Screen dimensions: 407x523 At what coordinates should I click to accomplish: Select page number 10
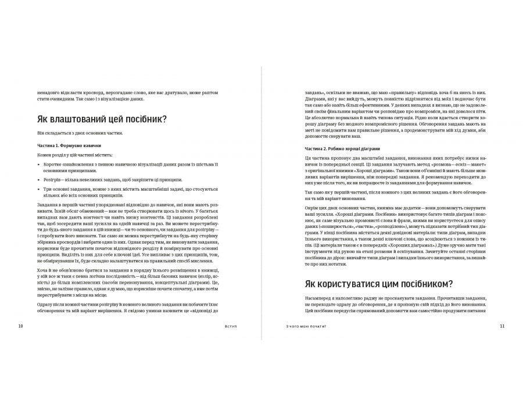pos(20,326)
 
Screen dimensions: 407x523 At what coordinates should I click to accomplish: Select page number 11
pos(502,326)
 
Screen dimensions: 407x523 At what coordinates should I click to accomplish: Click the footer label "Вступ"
pos(230,326)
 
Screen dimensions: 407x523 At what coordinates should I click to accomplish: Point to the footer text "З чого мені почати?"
pos(302,326)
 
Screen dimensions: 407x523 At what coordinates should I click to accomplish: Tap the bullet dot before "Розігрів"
pos(38,180)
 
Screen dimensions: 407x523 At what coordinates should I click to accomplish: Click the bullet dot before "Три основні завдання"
pos(38,189)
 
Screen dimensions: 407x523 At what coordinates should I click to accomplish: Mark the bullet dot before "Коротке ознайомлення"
pos(38,165)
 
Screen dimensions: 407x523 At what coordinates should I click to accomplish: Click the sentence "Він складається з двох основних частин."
pos(80,133)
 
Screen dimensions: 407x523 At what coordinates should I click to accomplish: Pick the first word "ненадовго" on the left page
pos(49,92)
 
